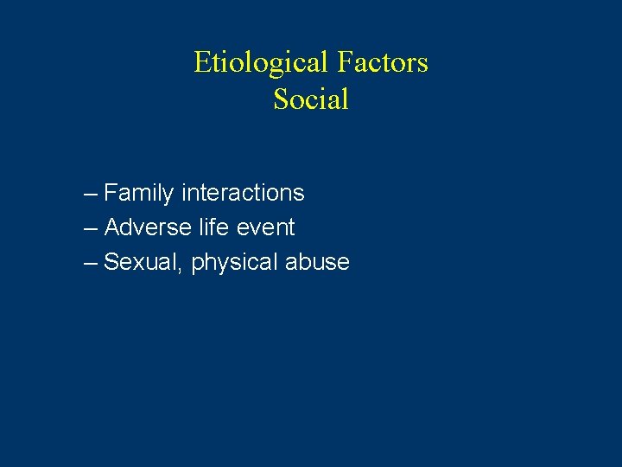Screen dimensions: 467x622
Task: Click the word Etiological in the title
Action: tap(260, 63)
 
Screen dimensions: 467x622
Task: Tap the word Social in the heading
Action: tap(311, 99)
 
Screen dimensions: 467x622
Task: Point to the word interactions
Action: tap(243, 193)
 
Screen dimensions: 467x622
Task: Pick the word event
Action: tap(264, 227)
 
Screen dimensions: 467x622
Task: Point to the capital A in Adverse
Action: tap(111, 227)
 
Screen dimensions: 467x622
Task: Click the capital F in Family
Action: tap(111, 193)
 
